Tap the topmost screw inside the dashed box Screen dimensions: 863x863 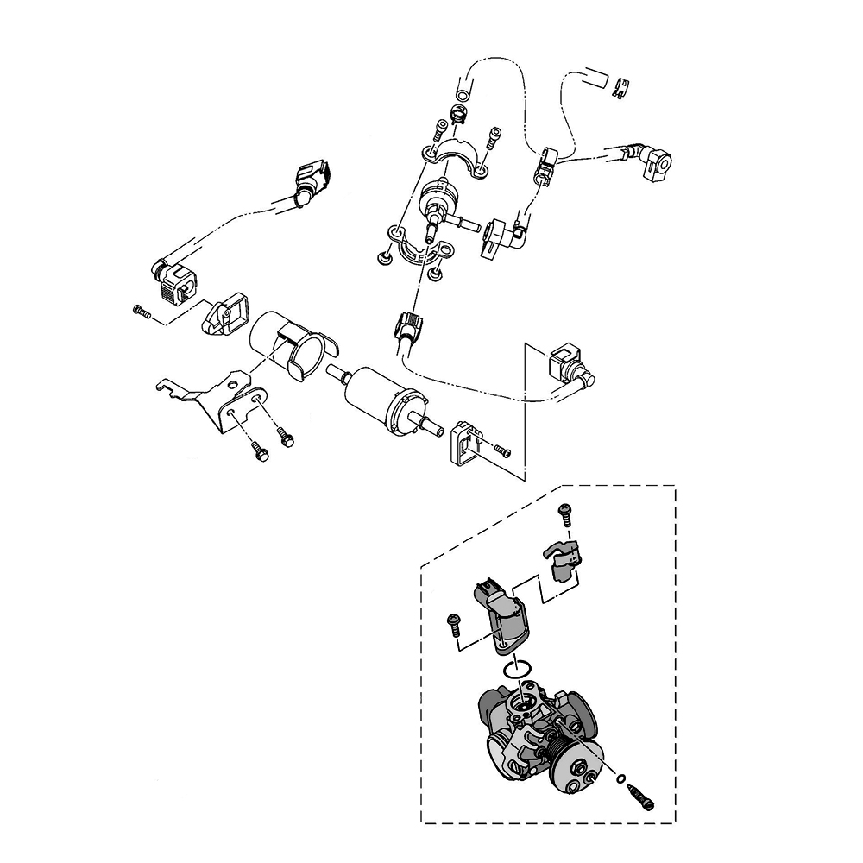tap(566, 512)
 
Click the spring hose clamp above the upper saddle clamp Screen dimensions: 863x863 tap(458, 113)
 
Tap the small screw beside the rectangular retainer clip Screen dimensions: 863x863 tap(502, 450)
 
